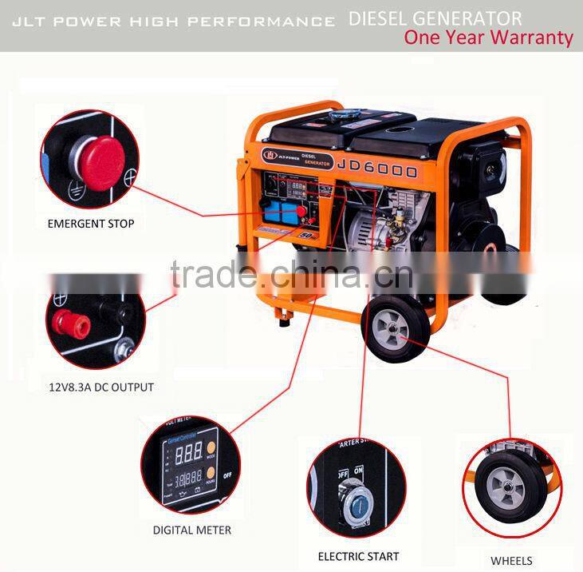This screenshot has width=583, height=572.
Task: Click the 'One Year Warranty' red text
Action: pyautogui.click(x=488, y=37)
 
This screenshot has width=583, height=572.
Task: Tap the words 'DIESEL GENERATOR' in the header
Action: pyautogui.click(x=435, y=18)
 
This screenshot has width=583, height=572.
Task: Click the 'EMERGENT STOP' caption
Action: pyautogui.click(x=90, y=224)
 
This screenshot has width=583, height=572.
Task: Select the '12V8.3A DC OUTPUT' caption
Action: pyautogui.click(x=101, y=387)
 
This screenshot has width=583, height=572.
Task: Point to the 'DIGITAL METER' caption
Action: pyautogui.click(x=192, y=530)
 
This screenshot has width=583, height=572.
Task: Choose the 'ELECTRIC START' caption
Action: pyautogui.click(x=358, y=555)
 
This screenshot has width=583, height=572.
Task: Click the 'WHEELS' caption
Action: pyautogui.click(x=512, y=561)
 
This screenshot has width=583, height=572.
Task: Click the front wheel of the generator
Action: pyautogui.click(x=395, y=327)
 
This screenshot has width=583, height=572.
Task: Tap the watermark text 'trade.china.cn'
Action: pyautogui.click(x=291, y=276)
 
